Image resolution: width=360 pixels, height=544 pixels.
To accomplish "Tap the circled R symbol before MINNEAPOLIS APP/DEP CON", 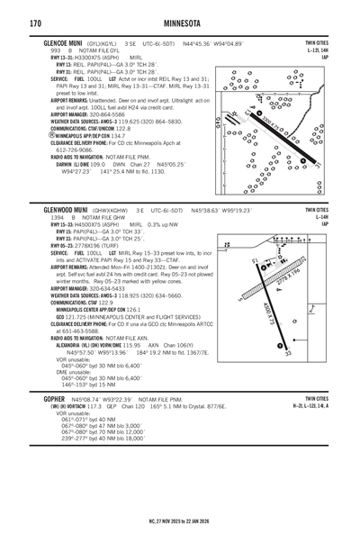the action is coord(47,135).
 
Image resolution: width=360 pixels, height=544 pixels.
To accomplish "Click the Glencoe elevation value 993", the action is coord(56,51).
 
